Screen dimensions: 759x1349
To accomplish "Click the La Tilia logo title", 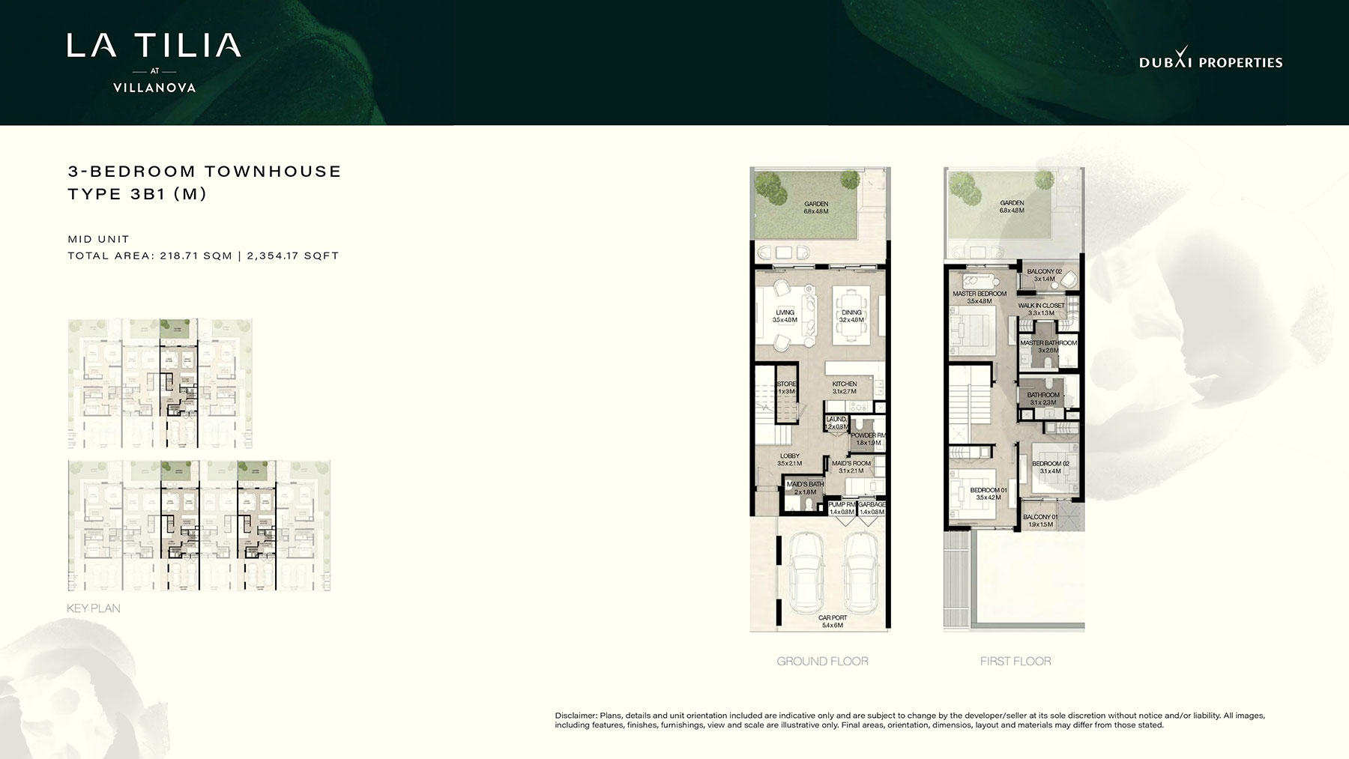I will (x=154, y=46).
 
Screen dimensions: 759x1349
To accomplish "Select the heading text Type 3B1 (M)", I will (x=137, y=194).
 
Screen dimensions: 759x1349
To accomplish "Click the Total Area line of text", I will (x=203, y=255).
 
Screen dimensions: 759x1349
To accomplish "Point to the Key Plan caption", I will (x=94, y=608).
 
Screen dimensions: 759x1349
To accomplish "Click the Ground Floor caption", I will (x=822, y=661).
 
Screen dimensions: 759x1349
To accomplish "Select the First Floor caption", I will (x=1015, y=661).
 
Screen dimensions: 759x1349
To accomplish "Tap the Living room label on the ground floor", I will (x=785, y=316).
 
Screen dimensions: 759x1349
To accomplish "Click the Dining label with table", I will (x=851, y=316).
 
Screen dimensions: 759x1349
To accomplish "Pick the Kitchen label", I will (x=844, y=387).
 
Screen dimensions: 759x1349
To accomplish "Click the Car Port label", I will (x=833, y=621).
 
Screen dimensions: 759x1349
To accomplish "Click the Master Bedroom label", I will (x=979, y=297).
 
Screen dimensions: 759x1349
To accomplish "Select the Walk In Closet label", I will (x=1041, y=309).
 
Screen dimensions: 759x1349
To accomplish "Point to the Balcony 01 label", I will (x=1040, y=521).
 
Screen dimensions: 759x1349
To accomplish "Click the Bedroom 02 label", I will (x=1050, y=467).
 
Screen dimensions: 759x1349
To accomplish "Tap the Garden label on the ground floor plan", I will (x=816, y=208).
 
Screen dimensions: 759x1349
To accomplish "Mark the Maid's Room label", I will (x=851, y=467).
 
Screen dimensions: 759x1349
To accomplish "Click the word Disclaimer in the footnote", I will (x=576, y=716).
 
